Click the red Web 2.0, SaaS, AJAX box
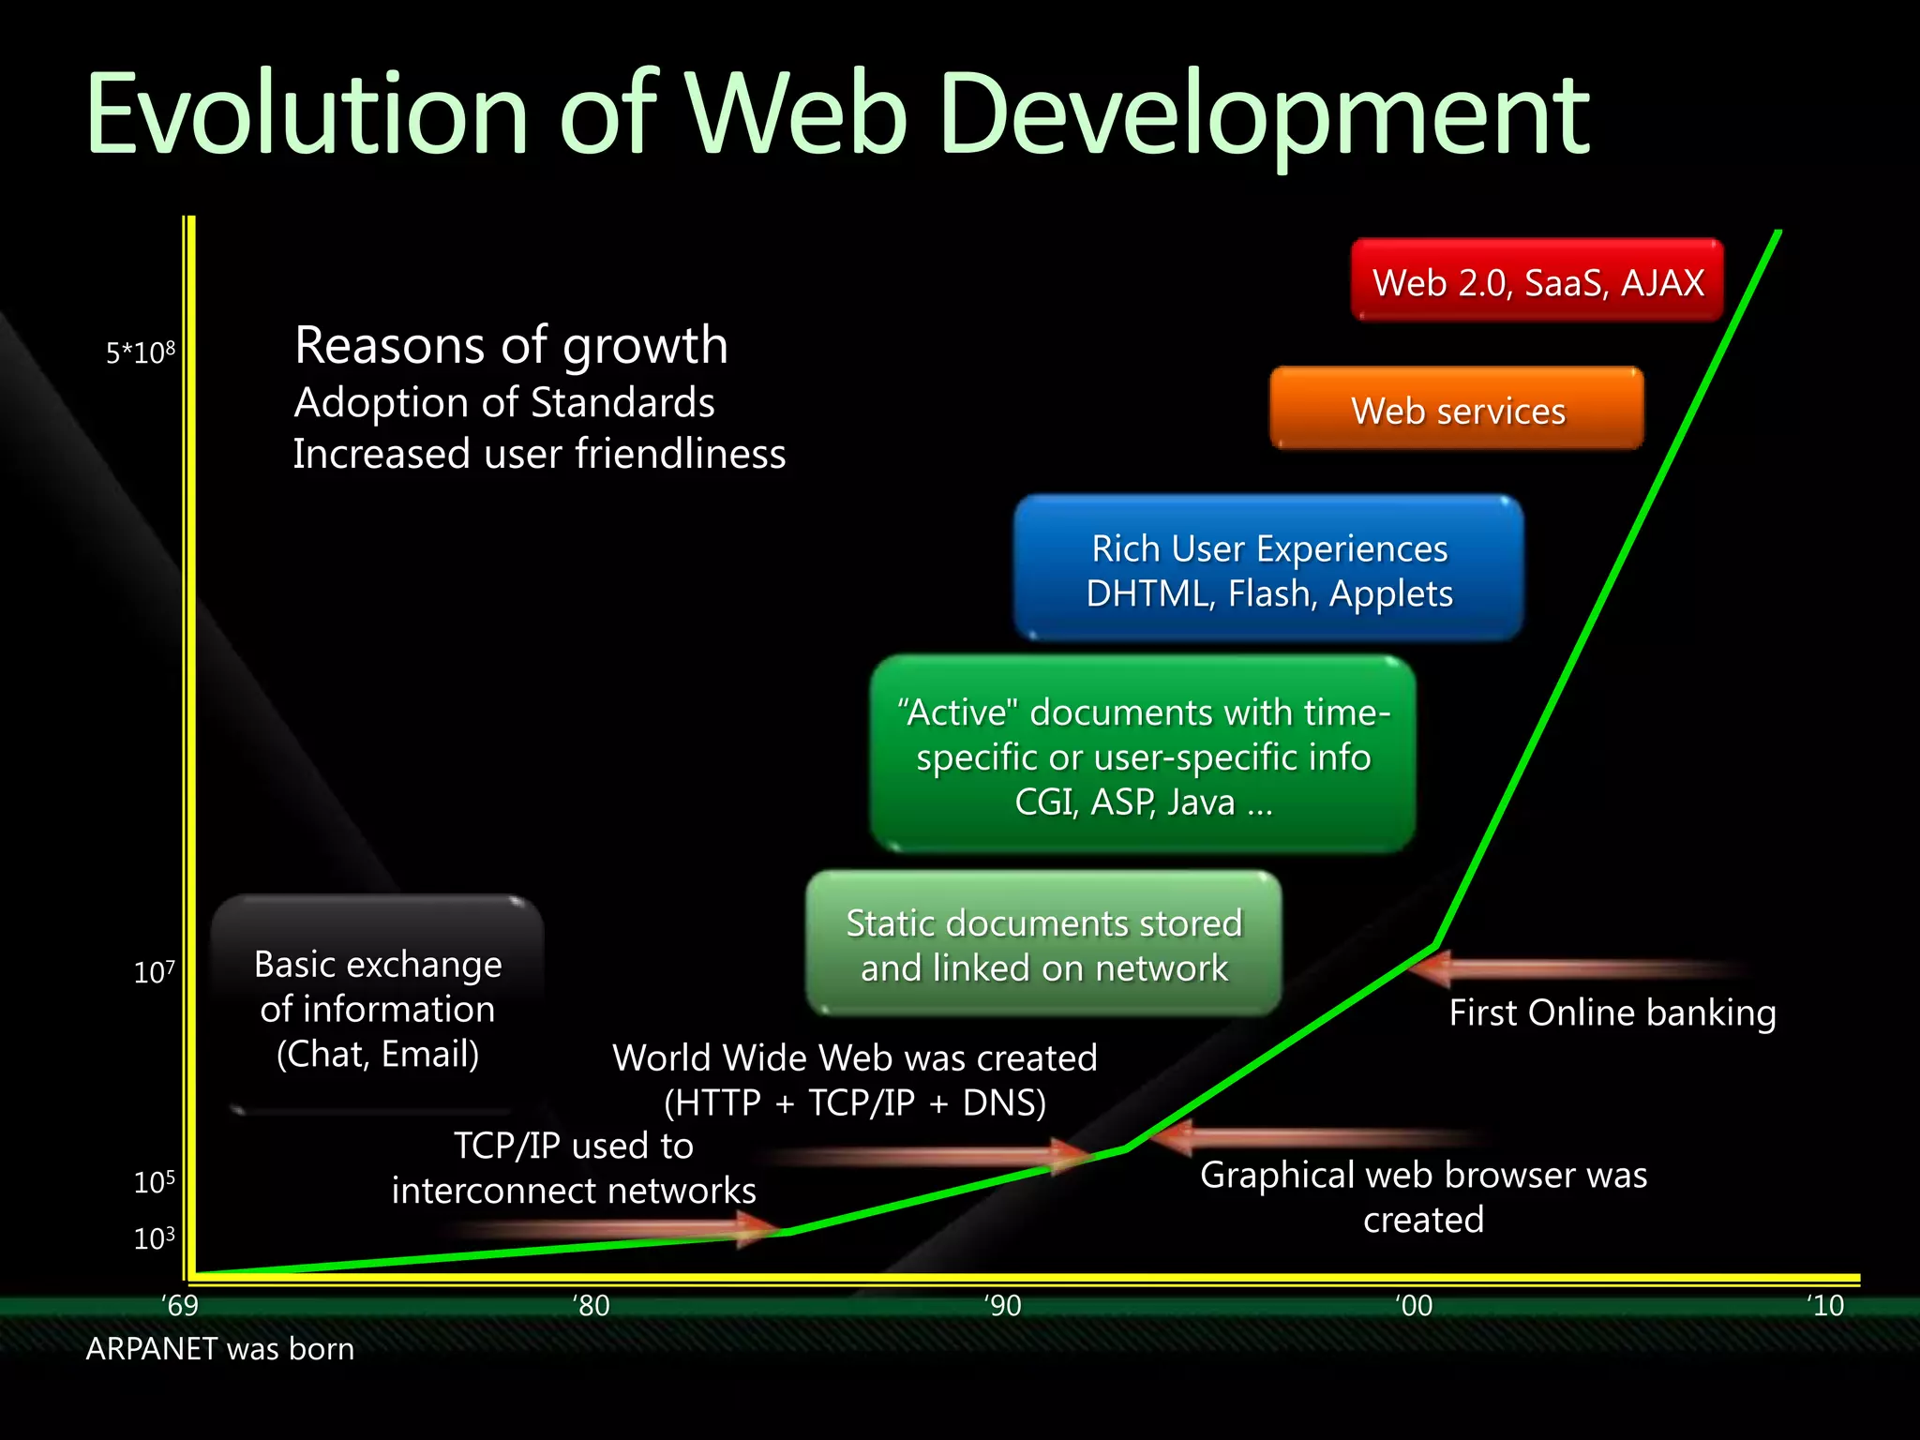coord(1537,280)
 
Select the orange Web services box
coord(1457,410)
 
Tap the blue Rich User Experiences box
coord(1268,569)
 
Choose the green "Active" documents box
coord(1143,756)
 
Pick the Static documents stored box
coord(1043,944)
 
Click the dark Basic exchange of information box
coord(378,1008)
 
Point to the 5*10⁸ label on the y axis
coord(141,352)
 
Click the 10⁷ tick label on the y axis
coord(155,971)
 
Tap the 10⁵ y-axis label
coord(155,1181)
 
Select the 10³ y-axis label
coord(155,1237)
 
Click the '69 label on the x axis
coord(179,1305)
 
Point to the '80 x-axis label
coord(591,1305)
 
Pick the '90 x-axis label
coord(1002,1305)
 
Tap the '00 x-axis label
coord(1414,1305)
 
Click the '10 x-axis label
coord(1824,1305)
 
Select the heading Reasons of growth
coord(511,345)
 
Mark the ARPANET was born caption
coord(220,1348)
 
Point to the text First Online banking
coord(1612,1012)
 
